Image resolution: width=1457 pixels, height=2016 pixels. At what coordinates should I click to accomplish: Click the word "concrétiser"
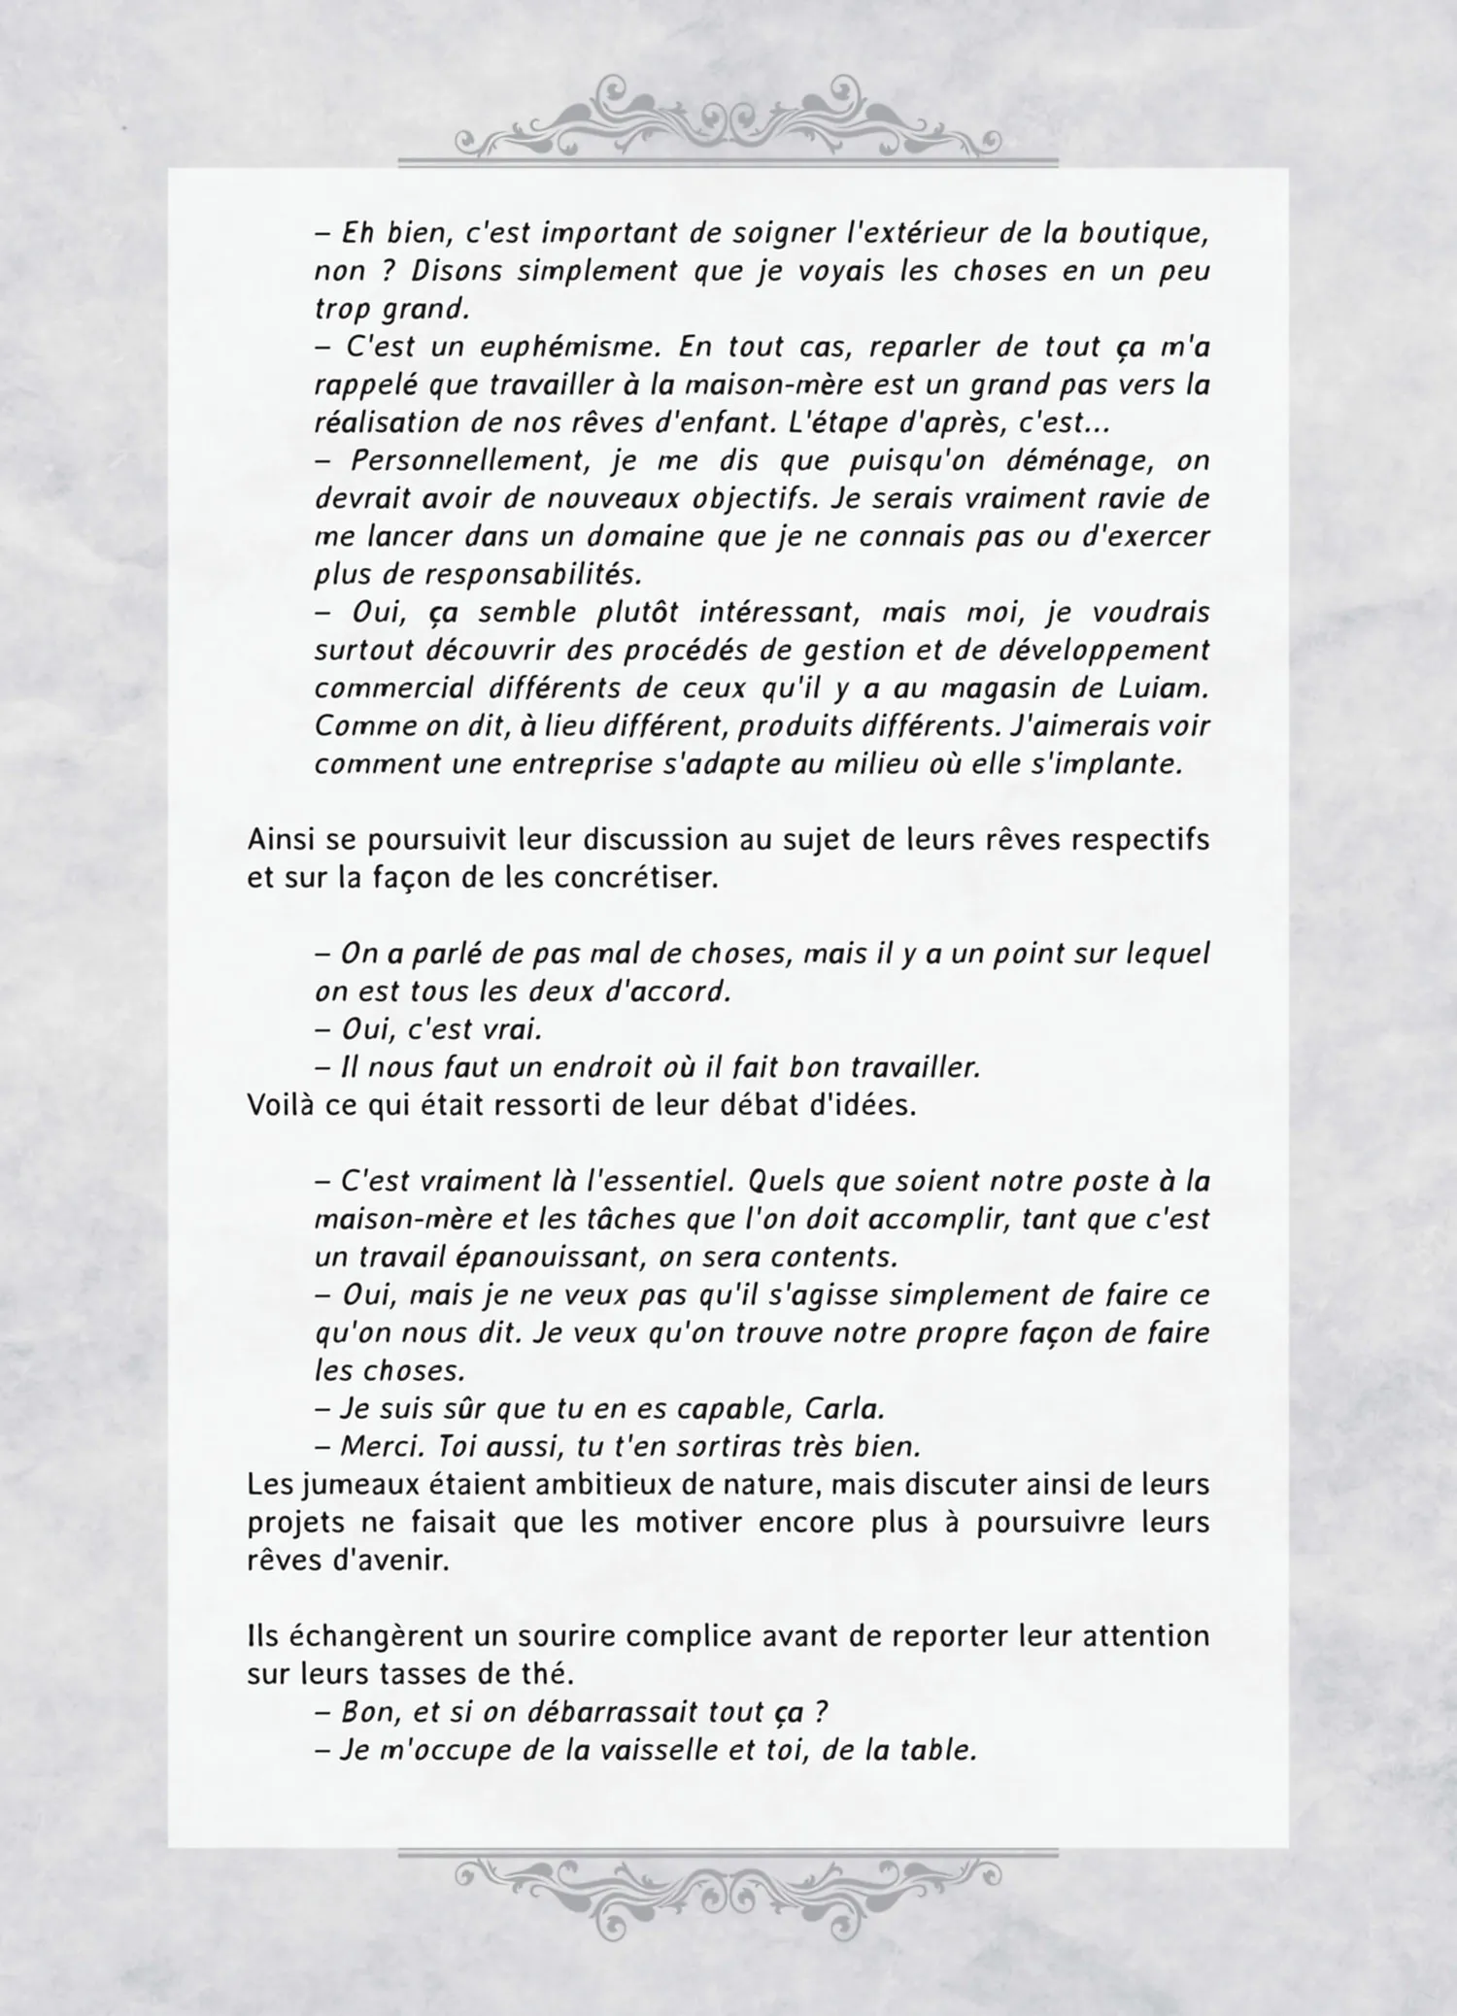636,878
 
